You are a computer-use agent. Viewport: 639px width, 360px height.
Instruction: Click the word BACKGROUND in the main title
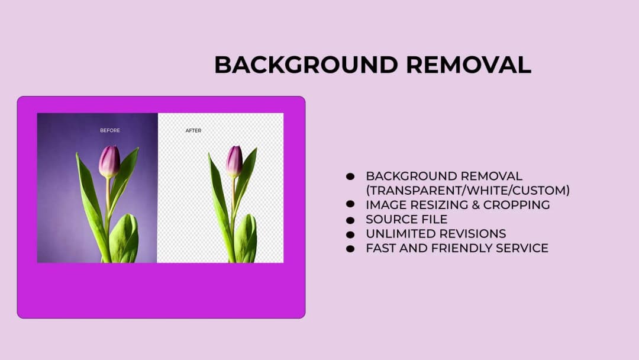coord(306,65)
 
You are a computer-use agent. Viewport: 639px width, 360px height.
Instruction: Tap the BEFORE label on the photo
coord(110,130)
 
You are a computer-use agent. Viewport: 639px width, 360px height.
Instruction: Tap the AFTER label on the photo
coord(193,130)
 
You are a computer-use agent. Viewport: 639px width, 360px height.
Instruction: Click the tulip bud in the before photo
coord(109,161)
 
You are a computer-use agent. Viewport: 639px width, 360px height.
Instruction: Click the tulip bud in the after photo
coord(234,160)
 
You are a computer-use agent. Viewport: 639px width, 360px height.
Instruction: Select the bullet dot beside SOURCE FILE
coord(350,219)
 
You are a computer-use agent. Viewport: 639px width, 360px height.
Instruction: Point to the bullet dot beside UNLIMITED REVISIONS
coord(350,234)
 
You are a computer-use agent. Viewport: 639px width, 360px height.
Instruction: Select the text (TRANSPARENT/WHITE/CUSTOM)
coord(468,191)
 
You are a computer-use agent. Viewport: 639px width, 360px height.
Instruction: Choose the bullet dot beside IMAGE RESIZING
coord(350,204)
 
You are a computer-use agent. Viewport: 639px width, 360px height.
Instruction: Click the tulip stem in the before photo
coord(108,201)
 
